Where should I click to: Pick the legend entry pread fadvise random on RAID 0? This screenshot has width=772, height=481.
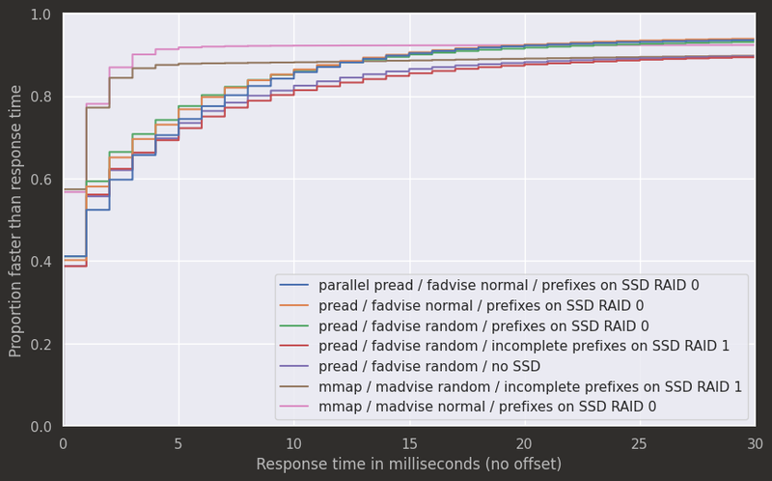[483, 326]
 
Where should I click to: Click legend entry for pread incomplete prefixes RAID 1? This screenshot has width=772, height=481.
[523, 347]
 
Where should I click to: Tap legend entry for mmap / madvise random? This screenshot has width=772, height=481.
[530, 387]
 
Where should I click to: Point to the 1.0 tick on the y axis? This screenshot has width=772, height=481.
[41, 14]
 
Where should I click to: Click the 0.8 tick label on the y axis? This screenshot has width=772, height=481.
[41, 97]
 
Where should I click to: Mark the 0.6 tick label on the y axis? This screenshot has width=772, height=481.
[41, 180]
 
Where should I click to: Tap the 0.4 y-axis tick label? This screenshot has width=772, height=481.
[41, 262]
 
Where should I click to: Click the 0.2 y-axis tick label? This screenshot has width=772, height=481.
[41, 345]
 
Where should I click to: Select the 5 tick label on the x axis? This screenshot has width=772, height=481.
[179, 443]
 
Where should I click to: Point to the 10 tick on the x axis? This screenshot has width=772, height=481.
[294, 443]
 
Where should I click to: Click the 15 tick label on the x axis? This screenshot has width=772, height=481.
[409, 443]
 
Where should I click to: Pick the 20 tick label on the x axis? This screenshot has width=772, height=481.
[525, 443]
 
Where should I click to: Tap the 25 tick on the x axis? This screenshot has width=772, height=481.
[640, 443]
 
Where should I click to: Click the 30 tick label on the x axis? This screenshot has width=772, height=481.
[755, 443]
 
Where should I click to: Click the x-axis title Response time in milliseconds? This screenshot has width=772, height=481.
[408, 465]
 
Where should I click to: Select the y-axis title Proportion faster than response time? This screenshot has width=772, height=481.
[15, 220]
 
